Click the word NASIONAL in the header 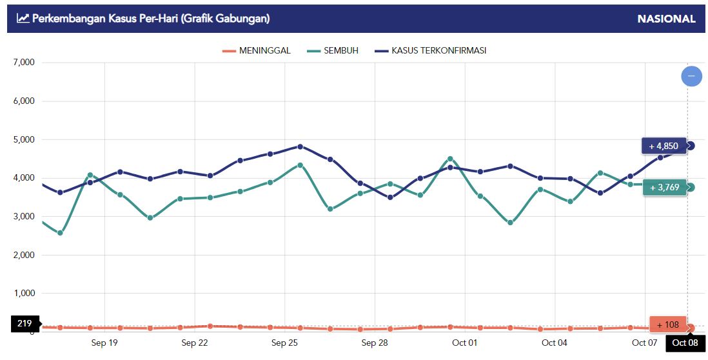(666, 19)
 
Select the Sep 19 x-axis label (104, 343)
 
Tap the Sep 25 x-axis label (284, 343)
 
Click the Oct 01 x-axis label (464, 343)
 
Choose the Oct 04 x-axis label (555, 343)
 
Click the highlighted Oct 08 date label (685, 343)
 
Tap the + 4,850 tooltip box (664, 146)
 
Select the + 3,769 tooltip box (664, 187)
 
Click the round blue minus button (691, 76)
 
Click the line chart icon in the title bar (23, 19)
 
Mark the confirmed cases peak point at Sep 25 (300, 146)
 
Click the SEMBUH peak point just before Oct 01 (450, 159)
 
